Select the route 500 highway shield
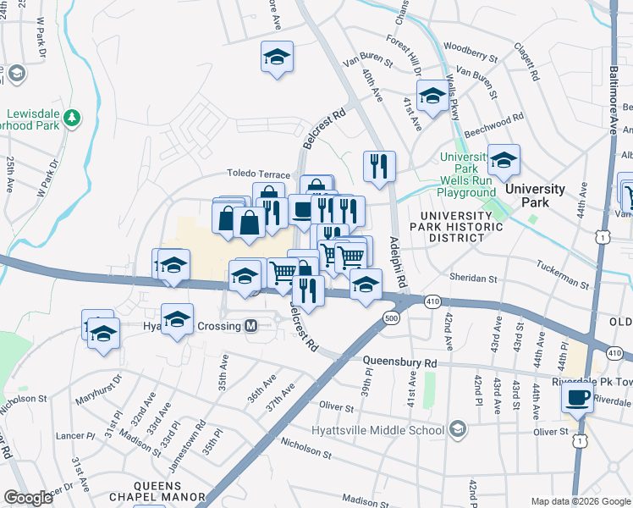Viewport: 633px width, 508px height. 391,317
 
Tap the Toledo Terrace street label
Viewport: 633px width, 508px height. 258,174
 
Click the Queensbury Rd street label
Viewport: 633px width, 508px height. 400,362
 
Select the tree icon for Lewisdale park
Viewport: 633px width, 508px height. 74,115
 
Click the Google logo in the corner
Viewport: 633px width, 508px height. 28,498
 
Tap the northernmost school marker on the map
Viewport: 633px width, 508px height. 277,57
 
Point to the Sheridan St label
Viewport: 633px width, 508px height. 473,278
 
